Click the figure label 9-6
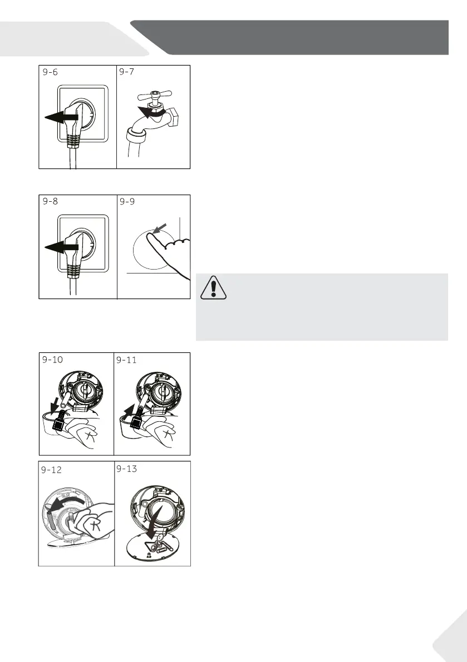tap(50, 72)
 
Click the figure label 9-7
tap(126, 72)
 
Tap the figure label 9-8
tap(50, 201)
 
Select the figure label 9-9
tap(127, 201)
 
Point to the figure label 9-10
tap(52, 359)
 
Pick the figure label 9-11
tap(126, 360)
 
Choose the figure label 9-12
tap(51, 470)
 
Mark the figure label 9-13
tap(127, 469)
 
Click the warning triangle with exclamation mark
tap(213, 288)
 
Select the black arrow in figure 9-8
tap(61, 247)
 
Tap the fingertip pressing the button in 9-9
tap(150, 237)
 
